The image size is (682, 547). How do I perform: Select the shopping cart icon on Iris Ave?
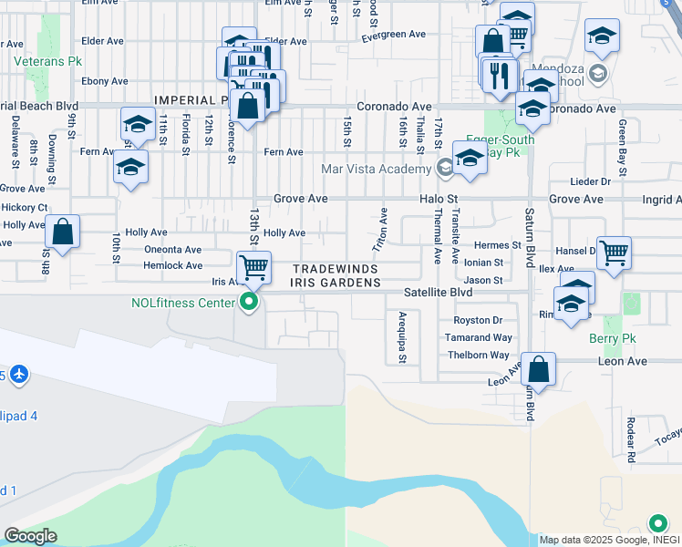253,267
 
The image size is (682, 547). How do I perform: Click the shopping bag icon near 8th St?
62,232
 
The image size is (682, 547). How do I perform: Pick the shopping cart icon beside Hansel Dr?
615,252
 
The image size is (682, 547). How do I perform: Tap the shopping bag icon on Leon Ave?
538,370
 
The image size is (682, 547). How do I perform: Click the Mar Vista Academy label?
376,169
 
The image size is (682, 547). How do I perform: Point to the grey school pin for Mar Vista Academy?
444,167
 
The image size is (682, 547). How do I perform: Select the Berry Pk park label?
611,339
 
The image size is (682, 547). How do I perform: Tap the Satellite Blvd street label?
438,293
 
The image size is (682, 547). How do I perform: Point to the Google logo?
30,536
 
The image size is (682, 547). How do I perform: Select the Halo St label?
437,199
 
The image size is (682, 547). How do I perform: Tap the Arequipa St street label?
401,337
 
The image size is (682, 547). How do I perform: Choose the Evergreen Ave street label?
393,35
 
